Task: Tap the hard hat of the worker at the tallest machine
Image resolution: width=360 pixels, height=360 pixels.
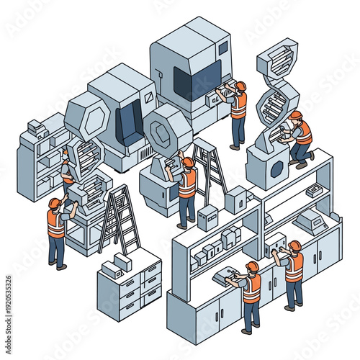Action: coord(240,86)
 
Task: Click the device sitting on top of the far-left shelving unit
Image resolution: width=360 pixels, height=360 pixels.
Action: coord(35,127)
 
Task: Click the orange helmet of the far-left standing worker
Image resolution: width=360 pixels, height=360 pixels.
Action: coord(54,203)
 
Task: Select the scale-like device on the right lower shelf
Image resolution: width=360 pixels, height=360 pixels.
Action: coord(312,220)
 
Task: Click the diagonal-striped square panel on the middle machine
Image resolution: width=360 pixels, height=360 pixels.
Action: coord(148,97)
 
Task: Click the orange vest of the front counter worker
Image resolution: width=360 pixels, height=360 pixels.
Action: coord(252,289)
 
